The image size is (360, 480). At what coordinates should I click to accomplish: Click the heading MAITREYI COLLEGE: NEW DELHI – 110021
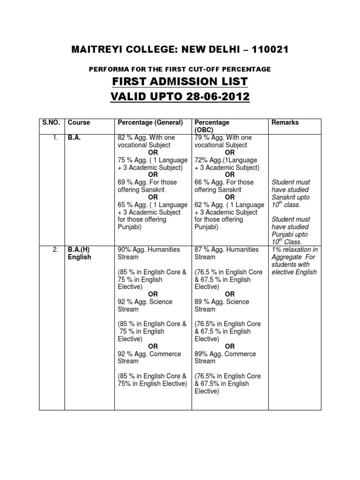click(x=180, y=49)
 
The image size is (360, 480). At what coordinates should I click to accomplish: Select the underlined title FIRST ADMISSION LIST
click(x=180, y=82)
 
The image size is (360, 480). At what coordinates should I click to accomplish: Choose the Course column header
click(x=79, y=122)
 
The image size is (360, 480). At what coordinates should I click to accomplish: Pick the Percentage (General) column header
click(x=150, y=122)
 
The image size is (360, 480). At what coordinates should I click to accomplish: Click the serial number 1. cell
click(x=55, y=138)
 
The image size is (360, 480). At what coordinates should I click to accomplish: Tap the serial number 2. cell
click(x=55, y=250)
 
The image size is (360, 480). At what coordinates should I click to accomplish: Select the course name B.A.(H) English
click(x=80, y=254)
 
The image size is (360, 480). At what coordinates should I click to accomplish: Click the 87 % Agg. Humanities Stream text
click(x=226, y=253)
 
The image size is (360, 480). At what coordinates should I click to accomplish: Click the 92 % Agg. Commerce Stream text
click(x=149, y=358)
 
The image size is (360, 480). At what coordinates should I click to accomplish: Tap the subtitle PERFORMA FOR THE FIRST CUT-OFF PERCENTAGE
click(x=180, y=69)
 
